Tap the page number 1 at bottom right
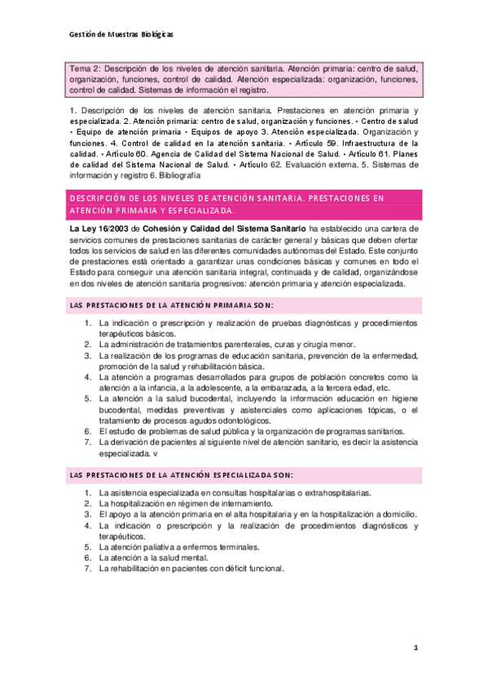point(415,648)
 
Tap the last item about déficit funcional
point(191,568)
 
